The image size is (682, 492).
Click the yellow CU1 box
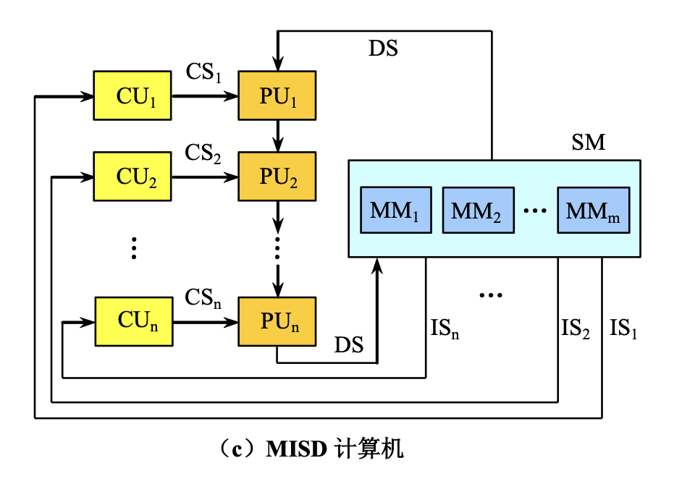pyautogui.click(x=132, y=96)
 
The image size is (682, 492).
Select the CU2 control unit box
pyautogui.click(x=132, y=177)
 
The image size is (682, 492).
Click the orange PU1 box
pyautogui.click(x=277, y=96)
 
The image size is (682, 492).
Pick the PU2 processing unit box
pyautogui.click(x=277, y=177)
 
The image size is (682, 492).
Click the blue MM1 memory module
pyautogui.click(x=395, y=211)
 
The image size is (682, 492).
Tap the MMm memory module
pyautogui.click(x=593, y=211)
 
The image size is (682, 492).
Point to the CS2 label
pyautogui.click(x=203, y=154)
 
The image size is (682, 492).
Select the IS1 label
pyautogui.click(x=623, y=330)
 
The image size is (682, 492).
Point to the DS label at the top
pyautogui.click(x=383, y=48)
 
